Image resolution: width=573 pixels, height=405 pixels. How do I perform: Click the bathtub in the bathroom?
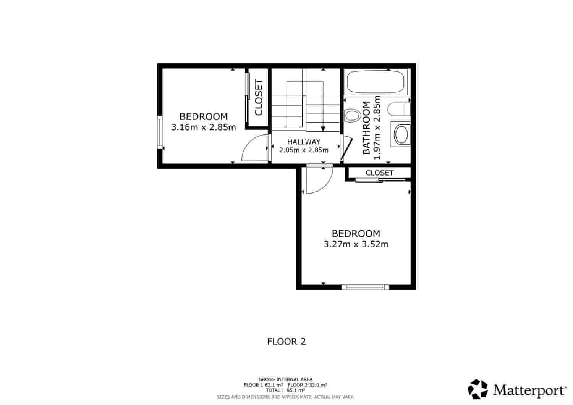[x=375, y=82]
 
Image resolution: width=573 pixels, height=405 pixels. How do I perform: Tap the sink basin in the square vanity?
[x=401, y=135]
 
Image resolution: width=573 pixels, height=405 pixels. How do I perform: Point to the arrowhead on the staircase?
[x=323, y=129]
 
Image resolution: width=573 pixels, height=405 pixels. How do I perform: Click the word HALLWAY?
[x=304, y=142]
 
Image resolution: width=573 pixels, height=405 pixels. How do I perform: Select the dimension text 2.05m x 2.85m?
[x=304, y=150]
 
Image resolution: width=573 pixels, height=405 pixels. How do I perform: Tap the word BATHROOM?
[x=366, y=128]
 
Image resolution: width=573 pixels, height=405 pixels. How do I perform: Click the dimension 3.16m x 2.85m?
[x=204, y=127]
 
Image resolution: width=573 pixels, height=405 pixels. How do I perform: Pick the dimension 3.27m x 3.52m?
[x=356, y=244]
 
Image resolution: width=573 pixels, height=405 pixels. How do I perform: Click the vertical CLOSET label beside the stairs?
[x=259, y=97]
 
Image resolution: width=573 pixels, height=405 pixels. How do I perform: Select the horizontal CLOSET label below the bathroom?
[x=379, y=173]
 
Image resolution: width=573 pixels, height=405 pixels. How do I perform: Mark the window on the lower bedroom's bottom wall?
[x=365, y=287]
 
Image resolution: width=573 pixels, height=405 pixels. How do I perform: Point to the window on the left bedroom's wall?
[x=160, y=132]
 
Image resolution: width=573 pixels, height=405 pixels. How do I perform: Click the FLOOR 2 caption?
[x=286, y=341]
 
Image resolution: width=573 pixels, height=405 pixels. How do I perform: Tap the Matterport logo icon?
[x=478, y=389]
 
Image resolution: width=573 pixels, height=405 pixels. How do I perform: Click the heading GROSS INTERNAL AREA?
[x=285, y=379]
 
